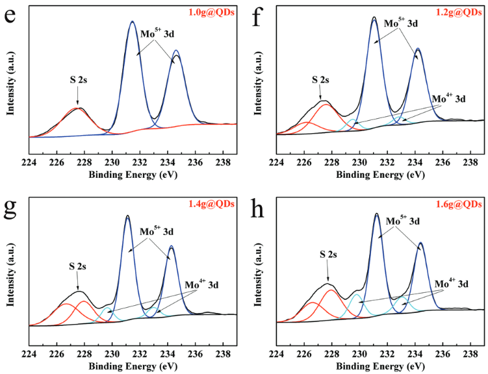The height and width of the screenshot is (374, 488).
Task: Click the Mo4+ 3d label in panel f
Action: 448,99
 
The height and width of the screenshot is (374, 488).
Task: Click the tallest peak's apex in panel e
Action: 132,21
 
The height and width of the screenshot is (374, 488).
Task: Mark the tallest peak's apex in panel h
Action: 377,214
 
